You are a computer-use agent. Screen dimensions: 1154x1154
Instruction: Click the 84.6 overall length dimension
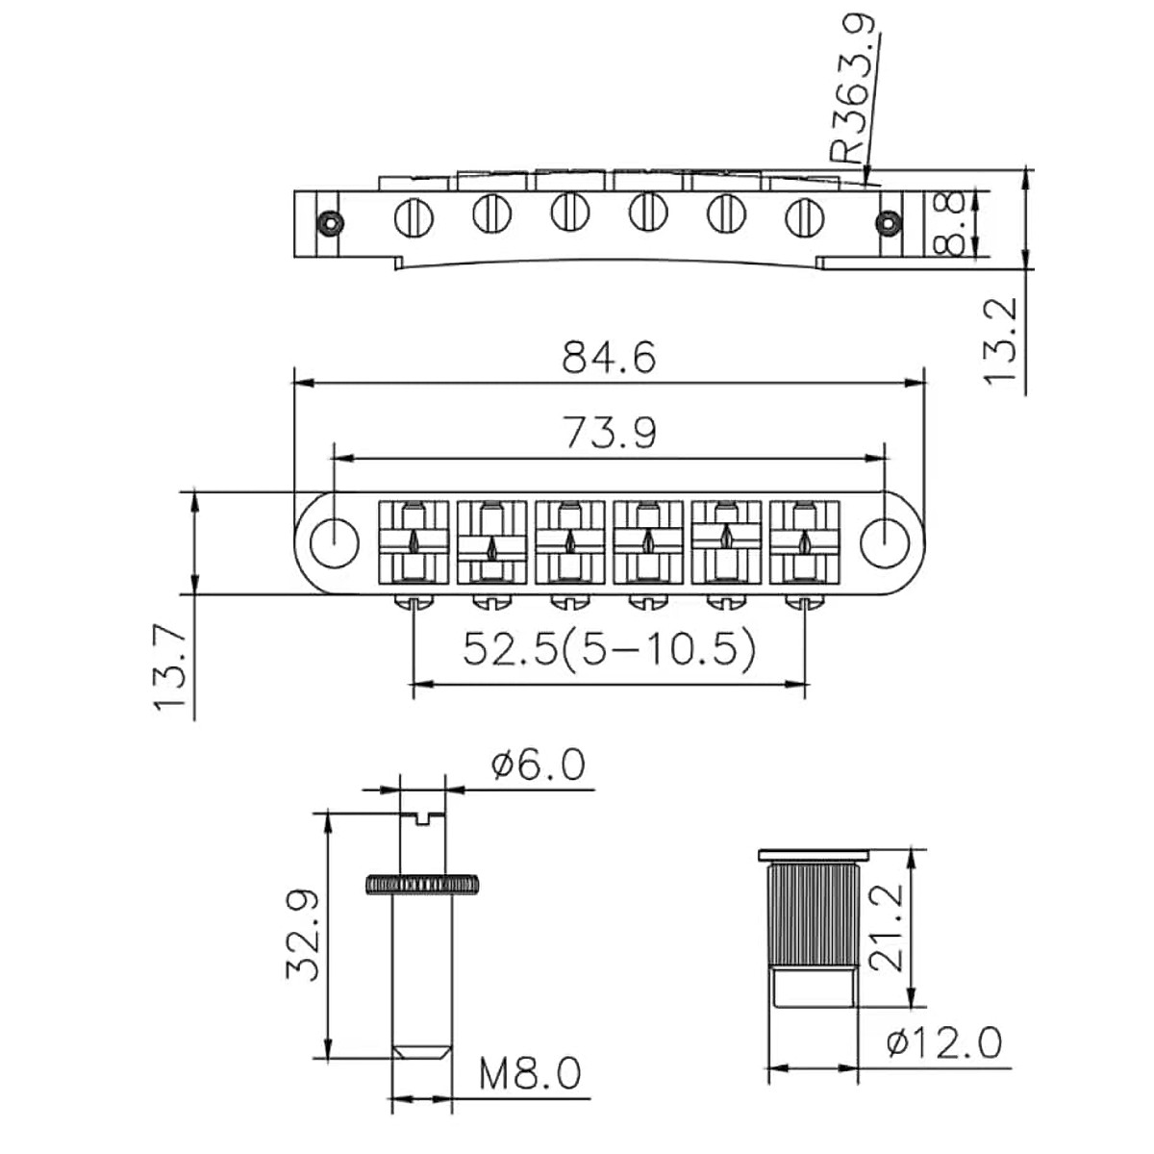coord(608,357)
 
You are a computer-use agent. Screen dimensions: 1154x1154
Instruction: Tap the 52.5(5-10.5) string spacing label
coord(608,651)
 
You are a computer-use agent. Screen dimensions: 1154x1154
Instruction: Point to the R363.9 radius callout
coord(854,91)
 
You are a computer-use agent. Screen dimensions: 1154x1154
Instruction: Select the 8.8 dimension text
coord(950,223)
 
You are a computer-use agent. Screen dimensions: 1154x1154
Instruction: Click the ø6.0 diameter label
coord(537,766)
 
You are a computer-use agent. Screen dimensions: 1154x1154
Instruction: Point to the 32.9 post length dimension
coord(301,933)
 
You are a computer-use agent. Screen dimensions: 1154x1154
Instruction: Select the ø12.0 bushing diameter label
coord(945,1041)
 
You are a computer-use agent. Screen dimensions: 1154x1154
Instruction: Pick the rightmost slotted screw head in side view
coord(804,215)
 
